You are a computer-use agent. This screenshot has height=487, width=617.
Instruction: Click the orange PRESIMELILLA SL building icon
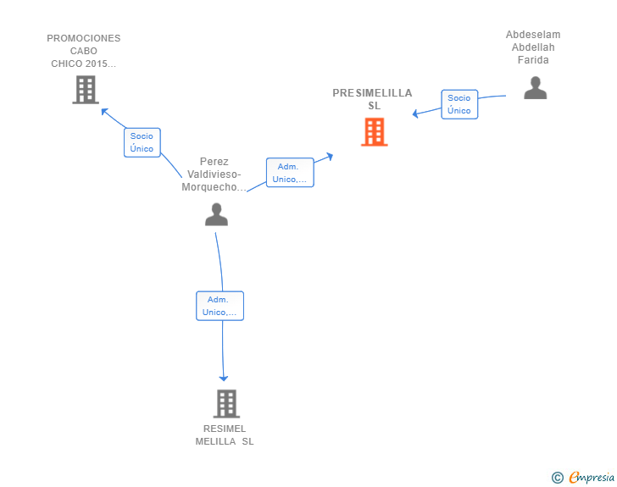[375, 132]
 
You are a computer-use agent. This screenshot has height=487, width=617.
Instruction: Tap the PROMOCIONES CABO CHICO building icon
[86, 90]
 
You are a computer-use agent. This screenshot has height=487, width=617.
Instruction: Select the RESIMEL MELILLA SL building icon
[226, 404]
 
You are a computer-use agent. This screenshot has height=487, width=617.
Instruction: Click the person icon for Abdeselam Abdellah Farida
[535, 88]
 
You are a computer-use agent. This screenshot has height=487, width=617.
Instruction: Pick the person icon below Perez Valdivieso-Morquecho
[216, 214]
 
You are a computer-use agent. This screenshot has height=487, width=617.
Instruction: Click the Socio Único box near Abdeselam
[459, 104]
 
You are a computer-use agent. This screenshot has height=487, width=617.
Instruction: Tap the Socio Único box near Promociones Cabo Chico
[142, 142]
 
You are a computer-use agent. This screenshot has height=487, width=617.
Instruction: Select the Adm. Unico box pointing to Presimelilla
[290, 172]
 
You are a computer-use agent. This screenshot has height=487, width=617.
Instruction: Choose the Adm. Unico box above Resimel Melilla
[220, 306]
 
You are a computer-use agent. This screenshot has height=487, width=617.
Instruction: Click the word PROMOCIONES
[83, 38]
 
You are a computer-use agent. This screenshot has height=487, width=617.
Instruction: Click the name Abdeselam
[533, 35]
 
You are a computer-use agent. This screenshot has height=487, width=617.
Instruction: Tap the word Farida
[533, 60]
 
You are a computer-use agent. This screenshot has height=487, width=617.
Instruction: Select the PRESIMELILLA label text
[372, 93]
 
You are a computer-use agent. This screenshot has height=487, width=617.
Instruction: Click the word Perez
[214, 161]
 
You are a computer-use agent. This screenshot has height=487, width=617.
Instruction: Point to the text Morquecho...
[209, 187]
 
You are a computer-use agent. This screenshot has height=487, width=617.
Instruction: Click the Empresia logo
[583, 477]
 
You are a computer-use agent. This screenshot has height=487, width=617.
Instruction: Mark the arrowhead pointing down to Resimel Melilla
[224, 379]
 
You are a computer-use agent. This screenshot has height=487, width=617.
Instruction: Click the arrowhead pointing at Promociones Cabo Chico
[104, 111]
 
